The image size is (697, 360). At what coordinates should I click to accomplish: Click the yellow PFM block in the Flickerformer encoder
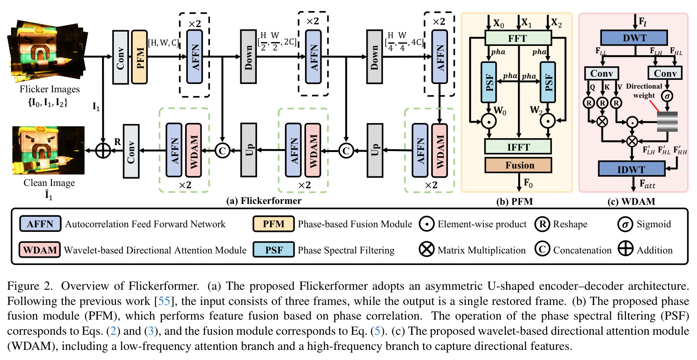(139, 57)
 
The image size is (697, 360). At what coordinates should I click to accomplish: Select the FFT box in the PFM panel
(518, 38)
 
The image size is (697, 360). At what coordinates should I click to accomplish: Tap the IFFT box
(518, 147)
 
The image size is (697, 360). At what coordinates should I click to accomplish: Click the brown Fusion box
(518, 165)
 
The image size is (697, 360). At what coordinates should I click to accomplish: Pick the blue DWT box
(634, 38)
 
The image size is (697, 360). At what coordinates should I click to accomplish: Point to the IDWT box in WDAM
(632, 169)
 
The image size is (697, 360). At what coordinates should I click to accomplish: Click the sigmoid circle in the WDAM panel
(667, 96)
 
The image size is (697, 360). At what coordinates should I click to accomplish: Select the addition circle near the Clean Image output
(102, 151)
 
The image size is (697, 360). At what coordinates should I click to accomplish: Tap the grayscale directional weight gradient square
(667, 122)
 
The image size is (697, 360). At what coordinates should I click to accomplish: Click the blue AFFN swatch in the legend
(40, 224)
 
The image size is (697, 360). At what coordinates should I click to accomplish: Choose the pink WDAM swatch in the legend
(40, 250)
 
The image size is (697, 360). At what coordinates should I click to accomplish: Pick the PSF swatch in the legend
(273, 250)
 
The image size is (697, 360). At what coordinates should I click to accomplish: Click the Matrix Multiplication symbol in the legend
(426, 250)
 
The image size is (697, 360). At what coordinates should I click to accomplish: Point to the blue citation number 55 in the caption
(164, 301)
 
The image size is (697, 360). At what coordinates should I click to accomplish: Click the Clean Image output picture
(48, 150)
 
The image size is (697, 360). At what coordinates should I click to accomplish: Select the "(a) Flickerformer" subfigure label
(264, 201)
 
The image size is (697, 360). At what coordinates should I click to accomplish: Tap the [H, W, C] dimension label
(164, 43)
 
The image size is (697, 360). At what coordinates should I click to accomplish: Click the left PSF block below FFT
(488, 82)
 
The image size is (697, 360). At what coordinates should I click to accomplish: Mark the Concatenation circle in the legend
(542, 249)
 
